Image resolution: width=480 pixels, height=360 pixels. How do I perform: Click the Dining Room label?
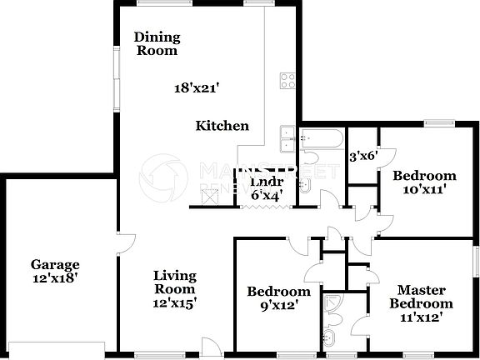click(156, 43)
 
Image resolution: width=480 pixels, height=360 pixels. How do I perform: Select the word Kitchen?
click(222, 126)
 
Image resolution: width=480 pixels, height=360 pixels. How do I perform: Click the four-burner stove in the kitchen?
click(288, 82)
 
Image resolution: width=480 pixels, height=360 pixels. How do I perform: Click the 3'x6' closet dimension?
click(363, 155)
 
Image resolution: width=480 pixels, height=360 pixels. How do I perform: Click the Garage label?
click(55, 265)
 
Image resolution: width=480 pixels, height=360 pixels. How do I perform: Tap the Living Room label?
click(174, 282)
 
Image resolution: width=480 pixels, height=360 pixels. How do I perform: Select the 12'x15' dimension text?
click(174, 304)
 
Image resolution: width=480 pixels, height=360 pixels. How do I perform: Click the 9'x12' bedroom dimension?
click(278, 306)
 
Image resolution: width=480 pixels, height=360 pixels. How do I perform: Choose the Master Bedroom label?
click(425, 297)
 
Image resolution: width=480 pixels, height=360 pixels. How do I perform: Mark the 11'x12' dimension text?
click(425, 317)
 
